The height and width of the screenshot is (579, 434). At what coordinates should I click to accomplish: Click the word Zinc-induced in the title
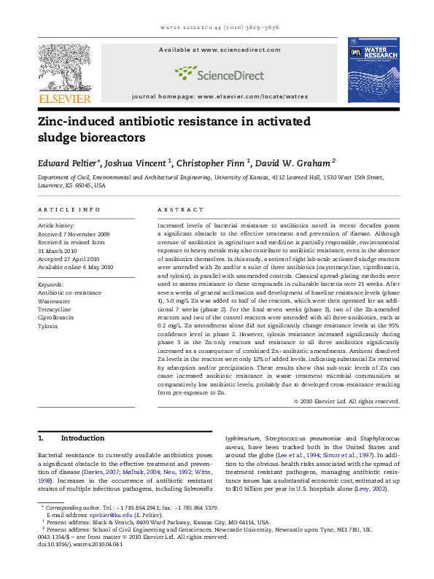(x=77, y=123)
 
